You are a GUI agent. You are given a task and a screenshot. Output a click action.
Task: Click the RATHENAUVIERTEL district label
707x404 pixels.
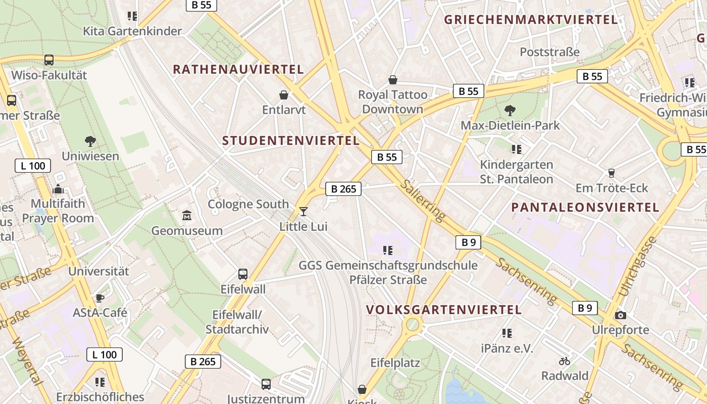click(x=238, y=70)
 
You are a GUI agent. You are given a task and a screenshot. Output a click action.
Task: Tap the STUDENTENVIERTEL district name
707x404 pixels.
click(x=291, y=141)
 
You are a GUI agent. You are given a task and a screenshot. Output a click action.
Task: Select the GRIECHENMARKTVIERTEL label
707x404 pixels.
click(x=531, y=20)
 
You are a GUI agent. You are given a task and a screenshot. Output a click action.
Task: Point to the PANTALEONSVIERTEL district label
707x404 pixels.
click(x=585, y=208)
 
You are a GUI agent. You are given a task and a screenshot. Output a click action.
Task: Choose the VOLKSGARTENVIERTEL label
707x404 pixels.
click(x=444, y=310)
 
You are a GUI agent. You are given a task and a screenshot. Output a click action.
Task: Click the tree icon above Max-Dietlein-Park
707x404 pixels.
click(x=510, y=110)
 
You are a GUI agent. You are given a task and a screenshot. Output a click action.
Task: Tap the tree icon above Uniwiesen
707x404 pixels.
click(x=90, y=141)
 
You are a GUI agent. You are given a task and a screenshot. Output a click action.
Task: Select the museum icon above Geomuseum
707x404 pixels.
click(x=187, y=216)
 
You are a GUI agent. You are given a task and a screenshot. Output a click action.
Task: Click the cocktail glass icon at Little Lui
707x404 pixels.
click(x=303, y=211)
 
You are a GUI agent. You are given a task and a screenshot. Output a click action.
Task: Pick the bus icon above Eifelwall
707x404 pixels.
click(x=243, y=274)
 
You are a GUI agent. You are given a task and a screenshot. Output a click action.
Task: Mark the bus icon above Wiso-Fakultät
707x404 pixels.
click(x=49, y=60)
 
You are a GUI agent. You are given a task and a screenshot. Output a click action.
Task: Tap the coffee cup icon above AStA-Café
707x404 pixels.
click(x=100, y=298)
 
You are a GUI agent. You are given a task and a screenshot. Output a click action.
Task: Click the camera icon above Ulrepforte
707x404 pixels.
click(x=621, y=315)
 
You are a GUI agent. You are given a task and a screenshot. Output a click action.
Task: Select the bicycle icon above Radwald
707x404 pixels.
click(x=565, y=361)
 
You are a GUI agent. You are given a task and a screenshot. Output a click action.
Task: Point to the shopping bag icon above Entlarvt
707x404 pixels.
click(x=284, y=95)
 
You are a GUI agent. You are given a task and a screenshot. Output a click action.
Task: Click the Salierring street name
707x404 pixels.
click(x=423, y=200)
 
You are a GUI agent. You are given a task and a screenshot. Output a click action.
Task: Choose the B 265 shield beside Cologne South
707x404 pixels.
click(x=343, y=189)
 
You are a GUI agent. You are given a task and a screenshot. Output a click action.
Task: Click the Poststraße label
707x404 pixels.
click(x=549, y=52)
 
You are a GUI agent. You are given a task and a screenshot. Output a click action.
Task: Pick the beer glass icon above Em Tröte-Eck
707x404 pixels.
click(x=612, y=173)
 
